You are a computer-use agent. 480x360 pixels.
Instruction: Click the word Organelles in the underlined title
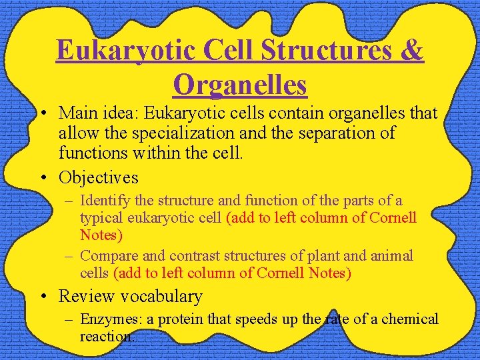pyautogui.click(x=240, y=85)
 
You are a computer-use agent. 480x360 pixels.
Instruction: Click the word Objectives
pyautogui.click(x=99, y=177)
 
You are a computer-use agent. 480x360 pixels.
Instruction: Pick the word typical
pyautogui.click(x=102, y=217)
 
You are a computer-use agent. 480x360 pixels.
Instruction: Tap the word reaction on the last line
pyautogui.click(x=107, y=336)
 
